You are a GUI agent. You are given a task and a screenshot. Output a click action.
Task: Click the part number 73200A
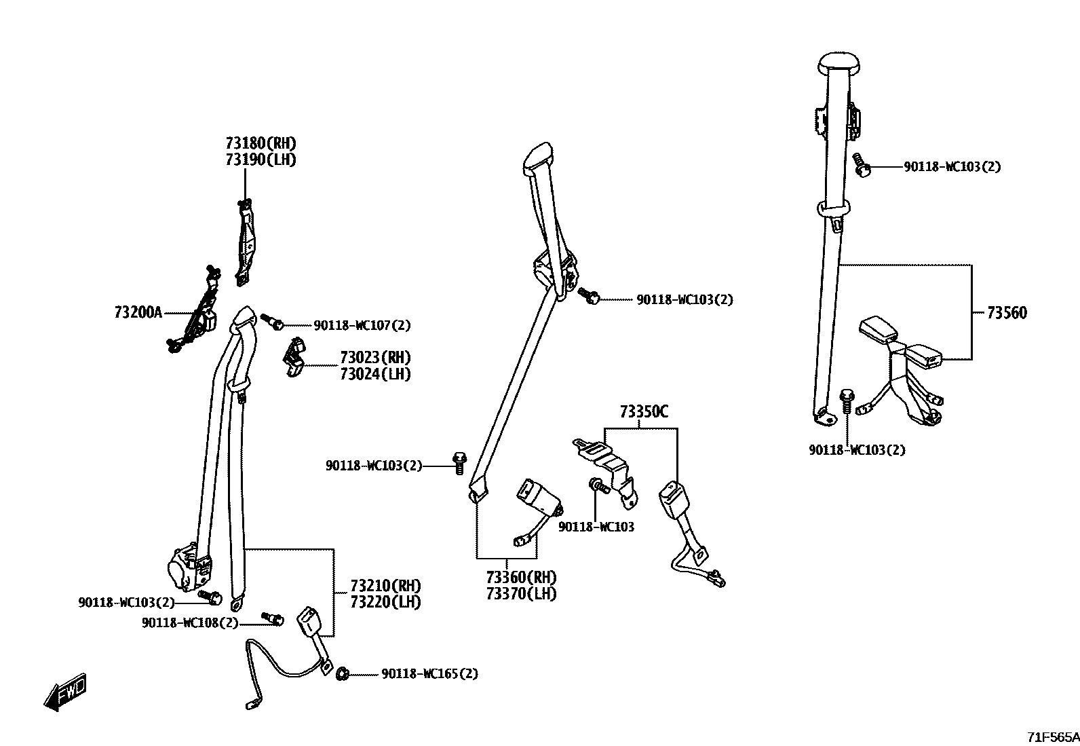coord(138,312)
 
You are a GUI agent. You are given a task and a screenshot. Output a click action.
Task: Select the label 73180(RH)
coord(261,143)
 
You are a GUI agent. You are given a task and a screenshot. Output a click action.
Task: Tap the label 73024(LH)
coord(375,374)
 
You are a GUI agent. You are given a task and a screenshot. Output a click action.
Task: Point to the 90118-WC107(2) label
coord(362,325)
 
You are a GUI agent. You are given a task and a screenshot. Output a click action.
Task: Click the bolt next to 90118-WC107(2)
coord(271,320)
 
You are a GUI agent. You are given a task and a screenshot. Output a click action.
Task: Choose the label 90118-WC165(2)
coord(429,674)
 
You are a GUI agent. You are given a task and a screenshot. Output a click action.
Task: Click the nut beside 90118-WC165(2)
coord(343,673)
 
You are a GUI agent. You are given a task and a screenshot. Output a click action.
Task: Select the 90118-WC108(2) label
coord(190,622)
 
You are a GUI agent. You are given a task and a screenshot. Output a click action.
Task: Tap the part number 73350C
coord(643,411)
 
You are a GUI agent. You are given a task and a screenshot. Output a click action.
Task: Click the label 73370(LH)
coord(521,594)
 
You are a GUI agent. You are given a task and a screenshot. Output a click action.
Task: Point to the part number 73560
coord(1007,313)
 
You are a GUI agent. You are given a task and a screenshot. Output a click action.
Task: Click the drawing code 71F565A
coord(1052,736)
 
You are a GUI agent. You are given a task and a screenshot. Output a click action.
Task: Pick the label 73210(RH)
coord(385,585)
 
